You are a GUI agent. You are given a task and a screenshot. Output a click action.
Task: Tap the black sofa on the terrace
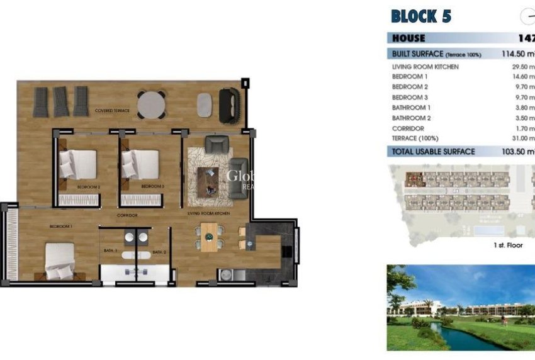(228, 104)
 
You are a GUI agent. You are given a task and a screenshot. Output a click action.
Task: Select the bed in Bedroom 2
(79, 165)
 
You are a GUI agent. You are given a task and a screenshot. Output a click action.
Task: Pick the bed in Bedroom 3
(142, 165)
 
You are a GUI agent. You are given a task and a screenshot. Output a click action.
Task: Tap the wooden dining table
(209, 237)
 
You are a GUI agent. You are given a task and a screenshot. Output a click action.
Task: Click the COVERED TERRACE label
(112, 111)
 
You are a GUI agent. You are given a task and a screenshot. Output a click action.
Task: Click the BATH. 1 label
(111, 252)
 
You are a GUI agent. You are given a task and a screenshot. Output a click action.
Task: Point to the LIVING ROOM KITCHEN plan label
(208, 214)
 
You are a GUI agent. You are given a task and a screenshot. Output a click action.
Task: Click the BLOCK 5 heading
(421, 16)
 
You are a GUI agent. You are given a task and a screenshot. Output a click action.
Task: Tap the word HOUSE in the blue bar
(408, 38)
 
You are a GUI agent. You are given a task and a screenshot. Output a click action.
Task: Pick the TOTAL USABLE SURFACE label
(433, 152)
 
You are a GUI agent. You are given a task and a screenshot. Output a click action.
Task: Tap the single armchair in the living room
(217, 145)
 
